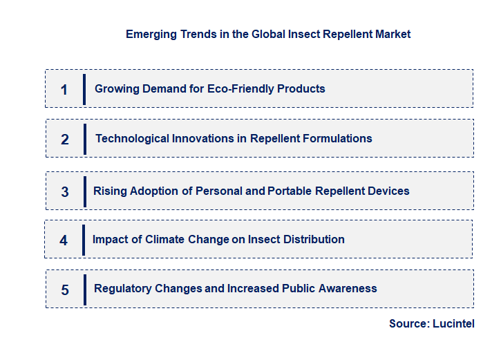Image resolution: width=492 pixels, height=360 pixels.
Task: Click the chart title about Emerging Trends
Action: (x=268, y=34)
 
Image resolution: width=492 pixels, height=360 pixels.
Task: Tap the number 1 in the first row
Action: (x=64, y=90)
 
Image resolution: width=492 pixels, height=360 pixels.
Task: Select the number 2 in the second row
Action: (x=65, y=140)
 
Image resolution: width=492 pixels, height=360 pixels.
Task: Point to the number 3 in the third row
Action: (x=65, y=192)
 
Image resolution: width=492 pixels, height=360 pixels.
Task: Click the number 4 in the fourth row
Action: (x=64, y=240)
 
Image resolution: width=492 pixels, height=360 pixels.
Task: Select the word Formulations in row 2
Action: (x=338, y=138)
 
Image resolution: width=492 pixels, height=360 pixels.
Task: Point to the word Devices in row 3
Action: (x=389, y=191)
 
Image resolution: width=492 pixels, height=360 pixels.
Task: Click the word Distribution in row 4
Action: (x=311, y=239)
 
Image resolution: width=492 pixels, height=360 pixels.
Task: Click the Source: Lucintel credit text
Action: (x=431, y=323)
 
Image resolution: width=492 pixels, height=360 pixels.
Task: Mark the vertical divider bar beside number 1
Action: (x=84, y=89)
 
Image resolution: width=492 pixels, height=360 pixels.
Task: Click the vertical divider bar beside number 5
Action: (x=84, y=290)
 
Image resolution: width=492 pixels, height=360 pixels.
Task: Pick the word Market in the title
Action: (x=393, y=34)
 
